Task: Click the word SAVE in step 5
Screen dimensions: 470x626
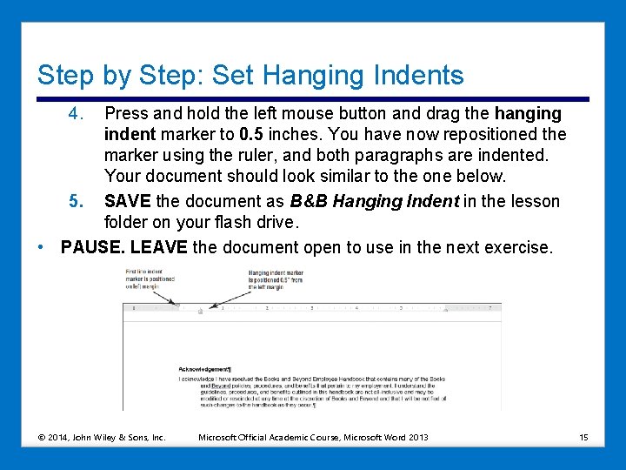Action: (127, 202)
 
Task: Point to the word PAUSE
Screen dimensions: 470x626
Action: (92, 247)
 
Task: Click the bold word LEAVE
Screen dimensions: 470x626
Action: (158, 247)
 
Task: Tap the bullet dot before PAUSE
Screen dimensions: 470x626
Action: (43, 247)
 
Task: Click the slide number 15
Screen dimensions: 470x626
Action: (583, 436)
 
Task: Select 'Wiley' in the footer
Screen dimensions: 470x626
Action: (103, 436)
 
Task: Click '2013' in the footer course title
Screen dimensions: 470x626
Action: (417, 436)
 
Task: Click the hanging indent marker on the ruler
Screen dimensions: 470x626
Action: (200, 309)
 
